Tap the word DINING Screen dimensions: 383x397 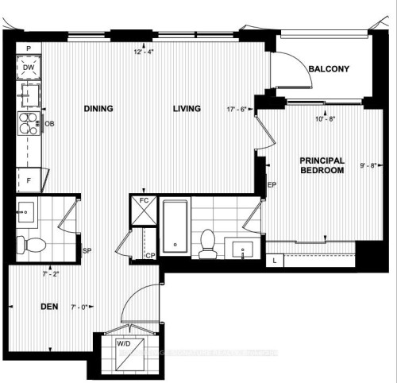[x=101, y=109]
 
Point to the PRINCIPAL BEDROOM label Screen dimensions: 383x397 [x=322, y=165]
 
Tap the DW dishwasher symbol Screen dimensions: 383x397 [x=28, y=68]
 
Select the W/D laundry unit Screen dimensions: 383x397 [x=125, y=345]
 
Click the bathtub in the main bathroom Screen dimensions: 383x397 [x=174, y=226]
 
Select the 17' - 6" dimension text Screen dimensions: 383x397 [x=237, y=110]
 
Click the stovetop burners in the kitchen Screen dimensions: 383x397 [x=28, y=125]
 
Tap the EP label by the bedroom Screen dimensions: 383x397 [x=271, y=185]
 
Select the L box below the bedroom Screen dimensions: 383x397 [x=275, y=260]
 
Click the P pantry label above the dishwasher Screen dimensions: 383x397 [x=28, y=48]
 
